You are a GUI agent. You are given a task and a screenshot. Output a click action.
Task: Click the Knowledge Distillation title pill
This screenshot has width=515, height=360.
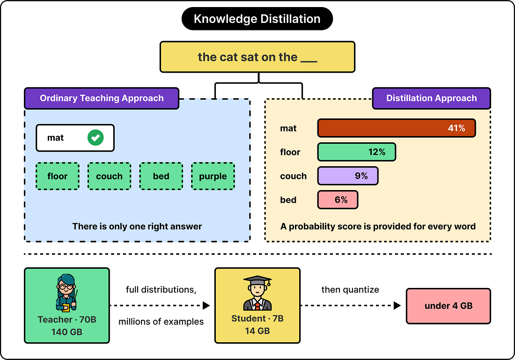coord(257,19)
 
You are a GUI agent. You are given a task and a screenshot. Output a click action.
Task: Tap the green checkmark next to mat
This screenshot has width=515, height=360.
coord(96,138)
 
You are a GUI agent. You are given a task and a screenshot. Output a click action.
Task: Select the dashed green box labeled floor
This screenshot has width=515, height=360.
coord(58,176)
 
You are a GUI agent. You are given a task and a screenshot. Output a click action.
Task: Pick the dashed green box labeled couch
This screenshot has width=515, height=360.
coord(110,176)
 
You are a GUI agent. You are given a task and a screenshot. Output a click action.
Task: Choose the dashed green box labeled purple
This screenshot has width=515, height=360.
coord(213,176)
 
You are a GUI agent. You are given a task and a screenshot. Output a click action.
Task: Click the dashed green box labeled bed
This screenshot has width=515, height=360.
coord(161,176)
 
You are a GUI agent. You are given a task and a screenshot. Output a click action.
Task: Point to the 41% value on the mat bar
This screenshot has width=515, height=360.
coord(456,128)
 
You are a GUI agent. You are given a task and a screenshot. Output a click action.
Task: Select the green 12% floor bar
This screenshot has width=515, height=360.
coord(357,152)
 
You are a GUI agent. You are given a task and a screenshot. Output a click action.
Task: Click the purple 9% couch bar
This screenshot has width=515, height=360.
coord(348,176)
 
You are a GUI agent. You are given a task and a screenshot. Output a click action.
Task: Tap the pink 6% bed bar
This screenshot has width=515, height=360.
coord(338,200)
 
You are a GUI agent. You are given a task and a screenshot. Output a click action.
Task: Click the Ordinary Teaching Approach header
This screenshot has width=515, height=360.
coord(102,98)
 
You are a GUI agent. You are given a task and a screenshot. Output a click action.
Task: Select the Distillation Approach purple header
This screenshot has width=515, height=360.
coord(432,98)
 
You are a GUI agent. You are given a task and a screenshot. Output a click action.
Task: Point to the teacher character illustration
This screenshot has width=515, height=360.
coord(66,293)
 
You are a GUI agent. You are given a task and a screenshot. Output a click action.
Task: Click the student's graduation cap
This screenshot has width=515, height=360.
coord(257,280)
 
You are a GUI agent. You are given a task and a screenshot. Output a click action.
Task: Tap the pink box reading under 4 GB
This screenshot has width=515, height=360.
coord(449,306)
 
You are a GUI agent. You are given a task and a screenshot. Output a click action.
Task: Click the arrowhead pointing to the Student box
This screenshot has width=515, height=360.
coord(206,306)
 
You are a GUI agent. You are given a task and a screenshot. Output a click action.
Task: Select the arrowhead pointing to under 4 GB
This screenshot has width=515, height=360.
coord(397,306)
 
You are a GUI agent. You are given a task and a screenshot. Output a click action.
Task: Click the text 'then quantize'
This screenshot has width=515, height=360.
coord(350,290)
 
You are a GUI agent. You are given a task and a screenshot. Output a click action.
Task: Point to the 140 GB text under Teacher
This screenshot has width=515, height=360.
coord(66,332)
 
